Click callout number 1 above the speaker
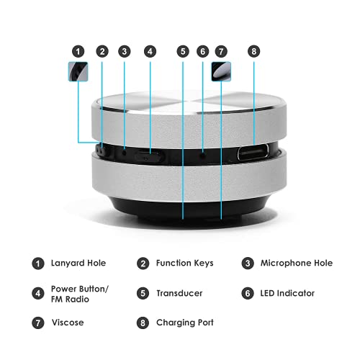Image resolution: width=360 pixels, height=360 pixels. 78,51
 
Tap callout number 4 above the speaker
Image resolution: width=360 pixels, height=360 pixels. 149,51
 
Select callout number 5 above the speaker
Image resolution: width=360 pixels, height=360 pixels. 183,51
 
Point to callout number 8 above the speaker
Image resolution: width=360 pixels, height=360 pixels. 253,51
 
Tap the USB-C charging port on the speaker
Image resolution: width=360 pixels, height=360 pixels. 251,153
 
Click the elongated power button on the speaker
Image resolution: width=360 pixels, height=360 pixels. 149,155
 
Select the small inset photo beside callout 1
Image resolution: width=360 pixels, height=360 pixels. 78,72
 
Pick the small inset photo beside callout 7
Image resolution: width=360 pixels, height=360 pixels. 221,72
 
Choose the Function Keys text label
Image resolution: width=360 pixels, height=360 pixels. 184,263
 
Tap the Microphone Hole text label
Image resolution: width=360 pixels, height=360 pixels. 296,263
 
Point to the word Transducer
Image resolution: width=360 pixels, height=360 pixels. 179,294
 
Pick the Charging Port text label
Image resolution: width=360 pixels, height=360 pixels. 184,322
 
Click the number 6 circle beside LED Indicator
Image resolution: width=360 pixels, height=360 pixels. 248,294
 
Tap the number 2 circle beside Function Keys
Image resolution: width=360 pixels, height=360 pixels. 143,263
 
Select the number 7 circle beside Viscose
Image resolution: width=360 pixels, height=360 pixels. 37,322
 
